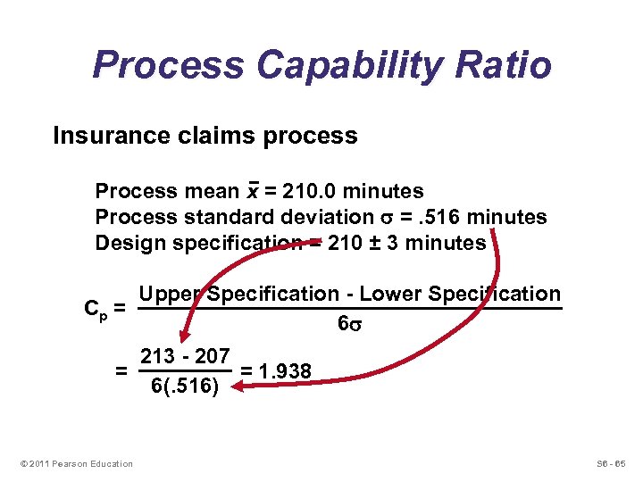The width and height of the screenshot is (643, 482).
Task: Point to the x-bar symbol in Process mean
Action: pyautogui.click(x=253, y=191)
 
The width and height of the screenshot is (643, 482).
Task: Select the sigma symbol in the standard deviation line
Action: pyautogui.click(x=380, y=218)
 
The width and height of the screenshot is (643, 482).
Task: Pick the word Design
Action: pyautogui.click(x=126, y=243)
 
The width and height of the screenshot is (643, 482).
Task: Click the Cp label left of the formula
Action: pyautogui.click(x=96, y=310)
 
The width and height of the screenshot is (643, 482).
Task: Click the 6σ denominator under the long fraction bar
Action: pyautogui.click(x=349, y=325)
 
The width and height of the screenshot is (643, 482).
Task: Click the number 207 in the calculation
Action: pyautogui.click(x=212, y=355)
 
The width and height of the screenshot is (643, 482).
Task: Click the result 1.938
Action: pyautogui.click(x=285, y=370)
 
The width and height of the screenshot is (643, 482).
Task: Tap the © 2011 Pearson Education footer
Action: pyautogui.click(x=76, y=463)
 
